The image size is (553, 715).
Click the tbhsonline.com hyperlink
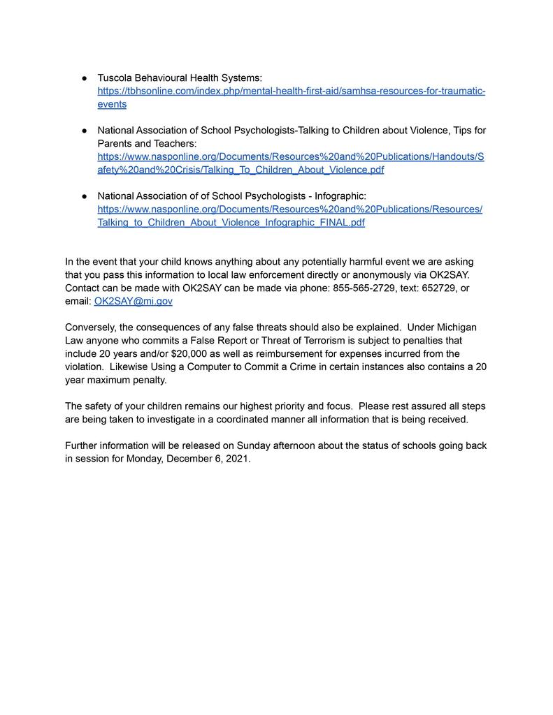[x=291, y=91]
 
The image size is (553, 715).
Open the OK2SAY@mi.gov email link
[x=133, y=301]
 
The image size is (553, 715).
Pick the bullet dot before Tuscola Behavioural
[x=84, y=78]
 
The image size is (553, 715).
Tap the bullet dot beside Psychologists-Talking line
[x=84, y=131]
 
